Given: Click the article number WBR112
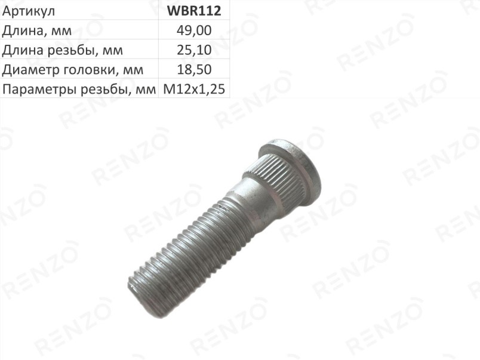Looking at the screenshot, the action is point(194,11).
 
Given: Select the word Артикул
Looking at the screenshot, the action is point(29,11).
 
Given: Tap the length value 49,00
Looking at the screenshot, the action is point(194,30).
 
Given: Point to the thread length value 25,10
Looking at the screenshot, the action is point(194,50).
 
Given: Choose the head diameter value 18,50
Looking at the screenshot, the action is point(194,69).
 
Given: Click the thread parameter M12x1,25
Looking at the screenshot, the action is point(194,89).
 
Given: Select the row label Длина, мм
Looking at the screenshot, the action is point(37,31).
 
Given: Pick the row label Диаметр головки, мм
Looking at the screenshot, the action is point(73,70).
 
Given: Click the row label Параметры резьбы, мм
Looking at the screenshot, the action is point(79,90).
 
